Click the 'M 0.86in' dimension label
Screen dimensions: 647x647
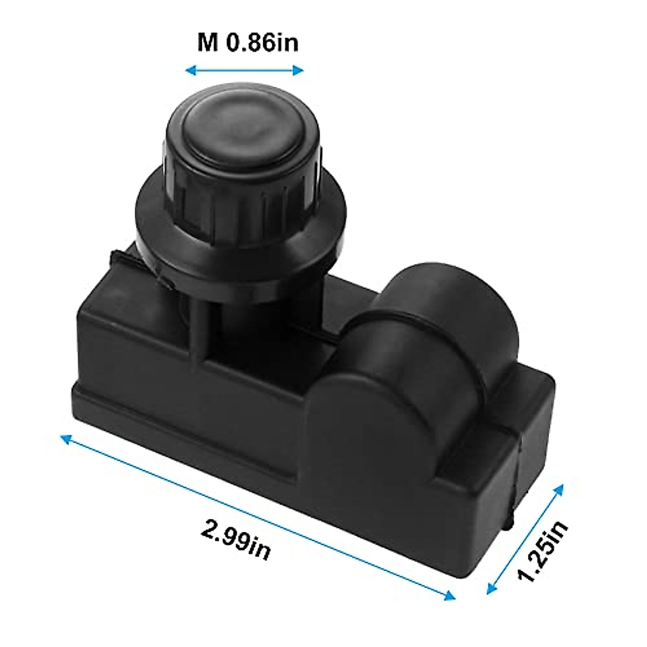247,43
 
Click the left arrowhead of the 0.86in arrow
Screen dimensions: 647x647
189,70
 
